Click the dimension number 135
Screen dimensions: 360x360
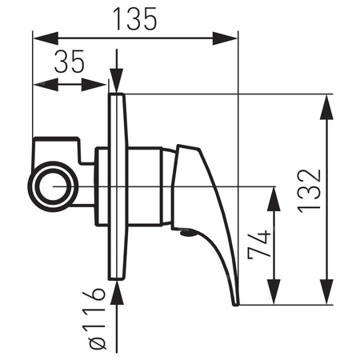[x=134, y=17]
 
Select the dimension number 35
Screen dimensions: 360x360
[x=71, y=63]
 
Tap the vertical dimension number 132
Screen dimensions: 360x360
[x=312, y=189]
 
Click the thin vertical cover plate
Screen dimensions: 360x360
[x=118, y=186]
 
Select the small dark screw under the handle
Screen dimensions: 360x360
[x=186, y=234]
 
